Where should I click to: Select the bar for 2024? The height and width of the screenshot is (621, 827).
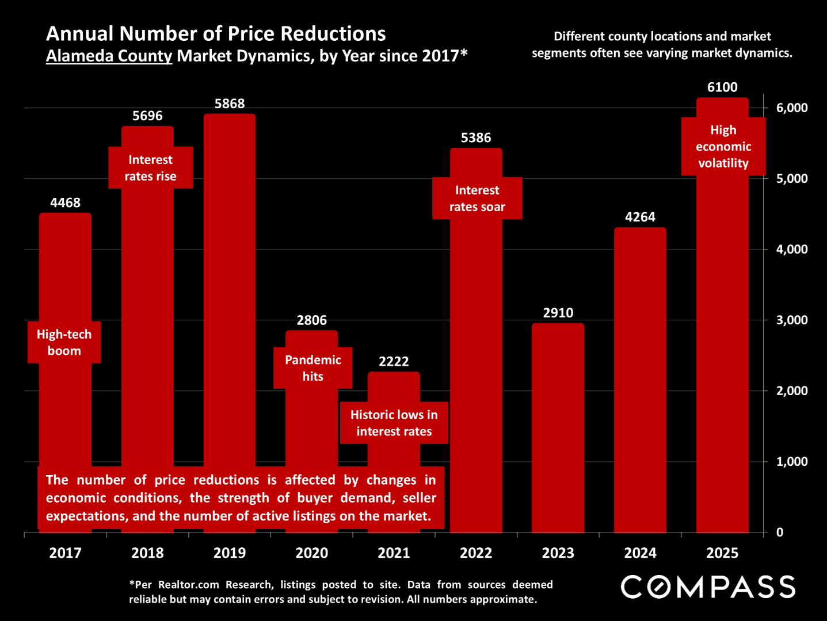click(x=640, y=379)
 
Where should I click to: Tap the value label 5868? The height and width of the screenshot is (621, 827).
click(x=230, y=103)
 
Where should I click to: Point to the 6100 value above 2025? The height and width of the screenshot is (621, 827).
click(x=722, y=87)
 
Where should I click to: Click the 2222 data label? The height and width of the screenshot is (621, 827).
click(x=394, y=362)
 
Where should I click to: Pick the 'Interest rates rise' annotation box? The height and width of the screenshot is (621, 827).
click(x=151, y=168)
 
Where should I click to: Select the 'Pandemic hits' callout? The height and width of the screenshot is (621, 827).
click(x=312, y=368)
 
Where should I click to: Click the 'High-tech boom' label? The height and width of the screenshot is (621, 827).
click(x=64, y=343)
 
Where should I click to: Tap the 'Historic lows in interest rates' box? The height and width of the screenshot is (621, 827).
click(x=394, y=423)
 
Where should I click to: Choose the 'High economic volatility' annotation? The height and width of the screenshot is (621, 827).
click(x=723, y=147)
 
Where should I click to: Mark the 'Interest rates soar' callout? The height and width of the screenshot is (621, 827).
click(x=477, y=198)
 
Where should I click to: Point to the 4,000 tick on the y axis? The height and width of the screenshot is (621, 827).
click(x=792, y=250)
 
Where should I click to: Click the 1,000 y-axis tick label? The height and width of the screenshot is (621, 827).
click(x=792, y=462)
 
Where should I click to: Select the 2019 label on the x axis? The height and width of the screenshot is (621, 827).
click(x=230, y=553)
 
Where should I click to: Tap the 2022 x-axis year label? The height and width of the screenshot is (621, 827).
click(x=476, y=553)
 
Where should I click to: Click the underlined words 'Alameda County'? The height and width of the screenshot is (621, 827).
click(x=109, y=56)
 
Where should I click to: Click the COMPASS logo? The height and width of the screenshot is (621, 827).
click(x=708, y=587)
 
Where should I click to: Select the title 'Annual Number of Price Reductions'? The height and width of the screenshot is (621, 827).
click(x=216, y=34)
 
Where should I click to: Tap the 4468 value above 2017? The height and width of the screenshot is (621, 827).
click(x=65, y=202)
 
